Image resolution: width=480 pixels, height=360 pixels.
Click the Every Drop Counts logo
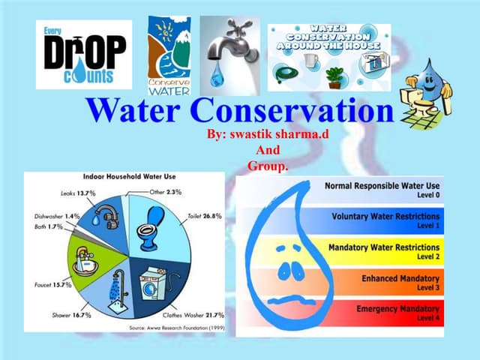(x=83, y=55)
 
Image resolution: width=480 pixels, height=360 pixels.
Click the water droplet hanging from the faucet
(x=217, y=75)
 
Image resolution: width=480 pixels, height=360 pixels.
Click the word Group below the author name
(x=267, y=165)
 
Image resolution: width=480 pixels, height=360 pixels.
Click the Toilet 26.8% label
(x=203, y=216)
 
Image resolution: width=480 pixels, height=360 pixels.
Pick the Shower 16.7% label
(x=72, y=316)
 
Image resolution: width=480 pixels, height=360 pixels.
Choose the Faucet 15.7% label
(x=53, y=285)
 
